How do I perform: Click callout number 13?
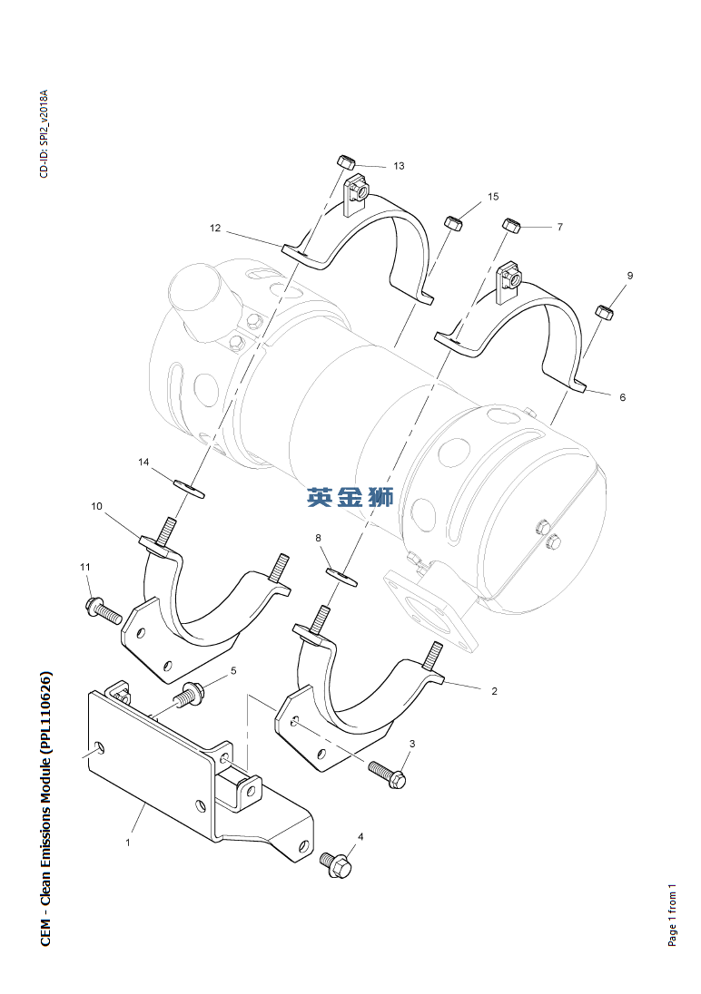[399, 166]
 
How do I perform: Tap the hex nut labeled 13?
[346, 161]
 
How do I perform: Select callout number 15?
[493, 196]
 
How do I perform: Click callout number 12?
[215, 229]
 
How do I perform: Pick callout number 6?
[622, 397]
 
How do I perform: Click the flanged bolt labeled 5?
[190, 696]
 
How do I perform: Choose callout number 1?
[128, 843]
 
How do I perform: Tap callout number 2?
[494, 691]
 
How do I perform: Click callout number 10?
[96, 506]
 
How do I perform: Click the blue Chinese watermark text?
[350, 497]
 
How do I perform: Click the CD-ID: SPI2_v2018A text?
[44, 134]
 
